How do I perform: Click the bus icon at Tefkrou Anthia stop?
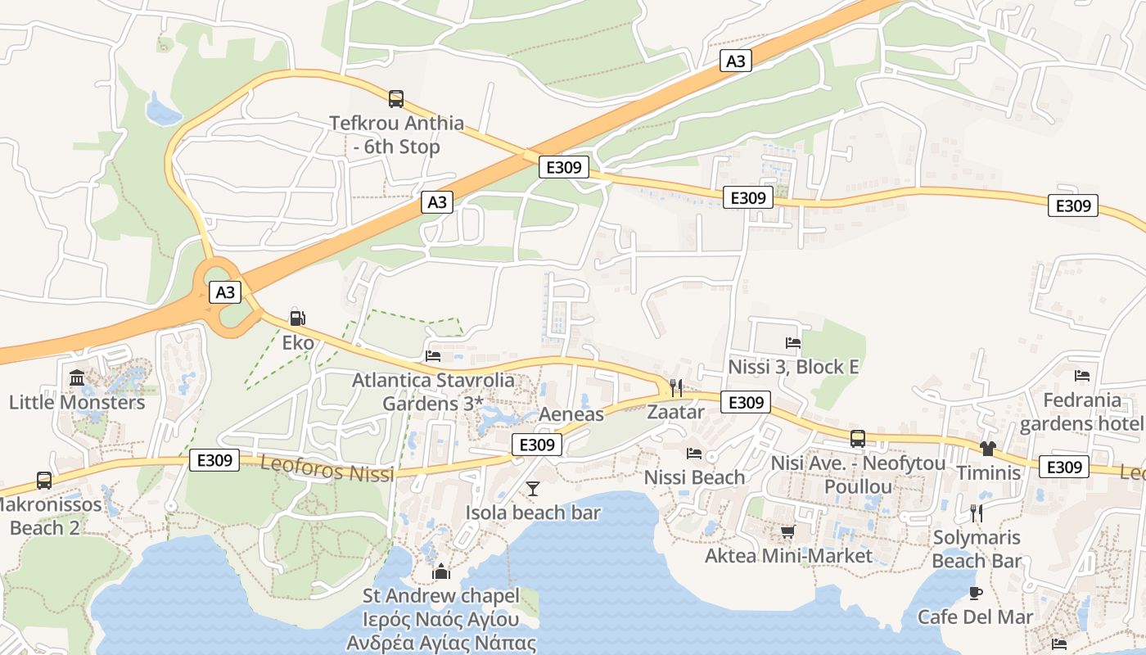click(x=396, y=99)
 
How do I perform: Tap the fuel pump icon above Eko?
click(x=297, y=318)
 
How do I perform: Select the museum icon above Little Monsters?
click(x=77, y=378)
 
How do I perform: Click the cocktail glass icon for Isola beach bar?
click(x=533, y=489)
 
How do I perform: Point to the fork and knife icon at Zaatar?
click(x=676, y=387)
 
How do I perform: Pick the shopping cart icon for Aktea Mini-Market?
click(x=788, y=533)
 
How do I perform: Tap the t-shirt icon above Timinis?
click(x=987, y=449)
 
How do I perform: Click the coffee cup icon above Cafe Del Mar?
click(x=975, y=593)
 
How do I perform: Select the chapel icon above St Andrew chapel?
click(x=441, y=571)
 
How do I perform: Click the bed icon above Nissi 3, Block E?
click(x=792, y=343)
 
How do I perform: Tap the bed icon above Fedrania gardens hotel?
click(x=1082, y=376)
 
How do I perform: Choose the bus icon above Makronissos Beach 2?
click(x=44, y=481)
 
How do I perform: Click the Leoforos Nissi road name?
click(x=327, y=468)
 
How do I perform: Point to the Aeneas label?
click(x=571, y=414)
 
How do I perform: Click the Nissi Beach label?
click(x=695, y=477)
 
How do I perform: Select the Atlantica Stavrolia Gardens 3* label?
click(x=433, y=392)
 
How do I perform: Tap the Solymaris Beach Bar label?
click(x=977, y=549)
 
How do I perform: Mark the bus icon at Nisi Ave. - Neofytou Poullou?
click(x=857, y=439)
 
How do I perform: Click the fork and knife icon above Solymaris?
click(x=976, y=513)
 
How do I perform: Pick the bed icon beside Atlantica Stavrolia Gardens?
click(x=433, y=356)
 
